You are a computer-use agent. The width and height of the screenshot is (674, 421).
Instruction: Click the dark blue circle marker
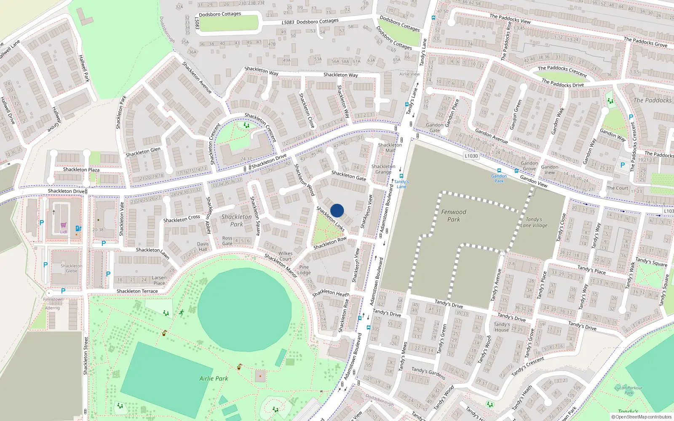[337, 210]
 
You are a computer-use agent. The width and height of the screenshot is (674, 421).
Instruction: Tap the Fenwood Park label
[454, 216]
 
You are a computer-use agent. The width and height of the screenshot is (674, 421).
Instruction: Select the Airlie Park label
[214, 378]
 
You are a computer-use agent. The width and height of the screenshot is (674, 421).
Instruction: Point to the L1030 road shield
[471, 156]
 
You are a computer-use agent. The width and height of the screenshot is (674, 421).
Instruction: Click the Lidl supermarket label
[63, 232]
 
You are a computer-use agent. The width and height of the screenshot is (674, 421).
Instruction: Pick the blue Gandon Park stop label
[499, 179]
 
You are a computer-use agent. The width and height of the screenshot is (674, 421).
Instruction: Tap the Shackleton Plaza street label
[81, 170]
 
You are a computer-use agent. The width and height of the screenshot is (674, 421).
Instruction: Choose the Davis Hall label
[203, 246]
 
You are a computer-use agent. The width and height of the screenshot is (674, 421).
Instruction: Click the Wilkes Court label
[285, 256]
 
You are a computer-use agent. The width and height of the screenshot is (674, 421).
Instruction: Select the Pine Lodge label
[304, 270]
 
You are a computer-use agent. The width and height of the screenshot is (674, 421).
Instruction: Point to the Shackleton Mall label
[390, 147]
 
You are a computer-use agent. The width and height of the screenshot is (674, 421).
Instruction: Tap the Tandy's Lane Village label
[534, 222]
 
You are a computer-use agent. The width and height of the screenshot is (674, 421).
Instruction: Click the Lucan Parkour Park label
[629, 390]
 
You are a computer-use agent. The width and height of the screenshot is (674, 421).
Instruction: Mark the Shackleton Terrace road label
[137, 291]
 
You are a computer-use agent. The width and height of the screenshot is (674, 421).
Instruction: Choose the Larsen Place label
[159, 280]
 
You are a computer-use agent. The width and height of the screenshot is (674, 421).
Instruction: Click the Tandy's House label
[501, 327]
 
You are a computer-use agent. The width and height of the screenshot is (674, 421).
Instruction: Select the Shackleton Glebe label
[71, 268]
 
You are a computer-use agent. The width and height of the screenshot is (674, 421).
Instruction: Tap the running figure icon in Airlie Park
[182, 312]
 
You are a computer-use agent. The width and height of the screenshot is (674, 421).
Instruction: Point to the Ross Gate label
[227, 241]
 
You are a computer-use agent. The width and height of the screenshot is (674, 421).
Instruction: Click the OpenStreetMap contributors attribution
[641, 417]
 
